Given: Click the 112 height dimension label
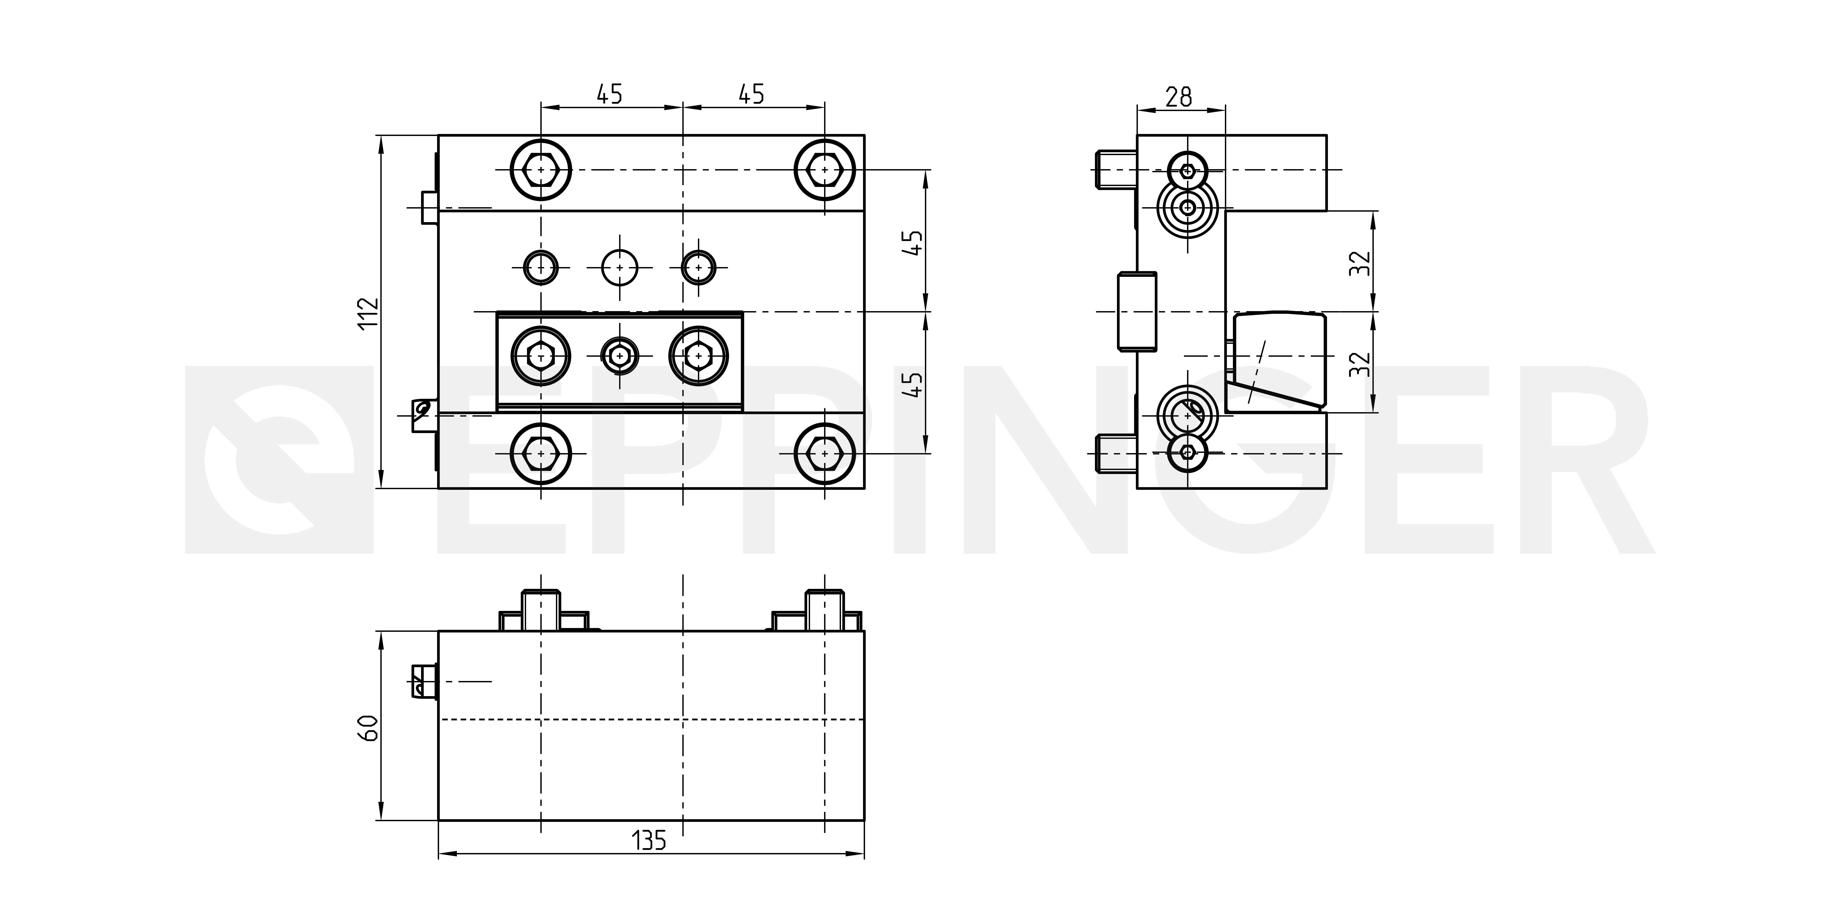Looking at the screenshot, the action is click(368, 312).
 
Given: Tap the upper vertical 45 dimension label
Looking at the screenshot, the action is click(914, 243).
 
